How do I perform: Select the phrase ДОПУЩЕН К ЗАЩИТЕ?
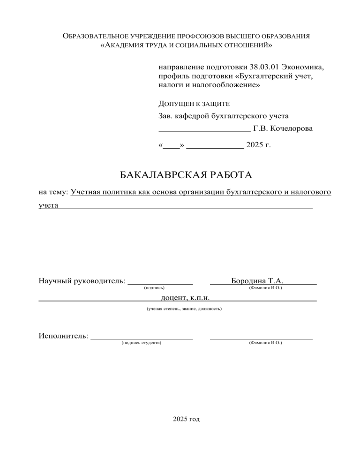[194, 103]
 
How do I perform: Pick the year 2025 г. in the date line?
[258, 145]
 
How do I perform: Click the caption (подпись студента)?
[141, 343]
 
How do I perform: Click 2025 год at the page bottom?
[186, 418]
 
